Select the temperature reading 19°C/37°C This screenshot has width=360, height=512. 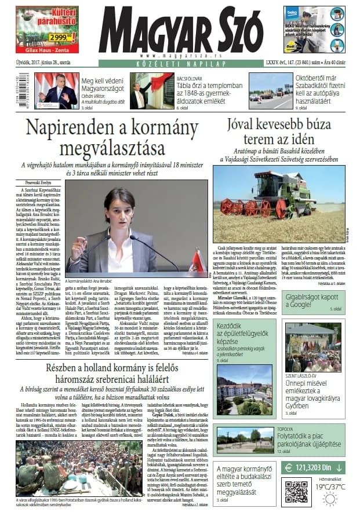click(x=329, y=487)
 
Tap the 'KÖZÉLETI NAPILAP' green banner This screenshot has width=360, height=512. click(x=180, y=63)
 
